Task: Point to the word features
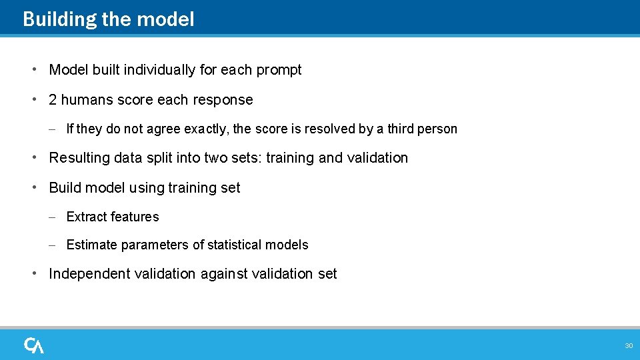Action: [x=135, y=217]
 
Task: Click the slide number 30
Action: [x=628, y=346]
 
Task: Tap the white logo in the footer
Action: [x=34, y=345]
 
